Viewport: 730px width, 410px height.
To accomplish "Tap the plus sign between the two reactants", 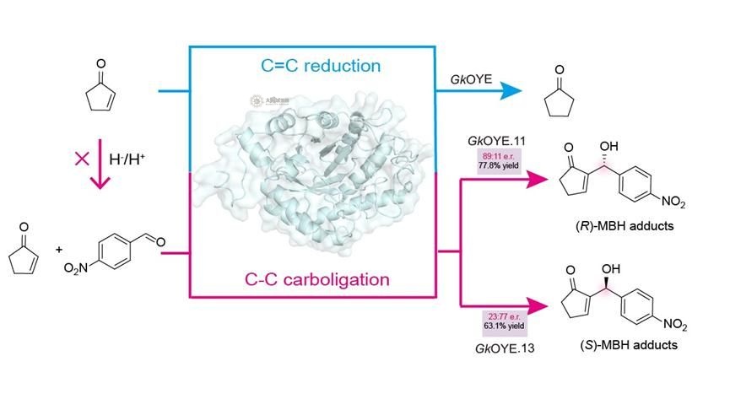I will (59, 249).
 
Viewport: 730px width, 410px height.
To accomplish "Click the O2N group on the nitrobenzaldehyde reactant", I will (78, 267).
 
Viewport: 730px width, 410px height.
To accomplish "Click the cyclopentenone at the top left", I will (101, 89).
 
